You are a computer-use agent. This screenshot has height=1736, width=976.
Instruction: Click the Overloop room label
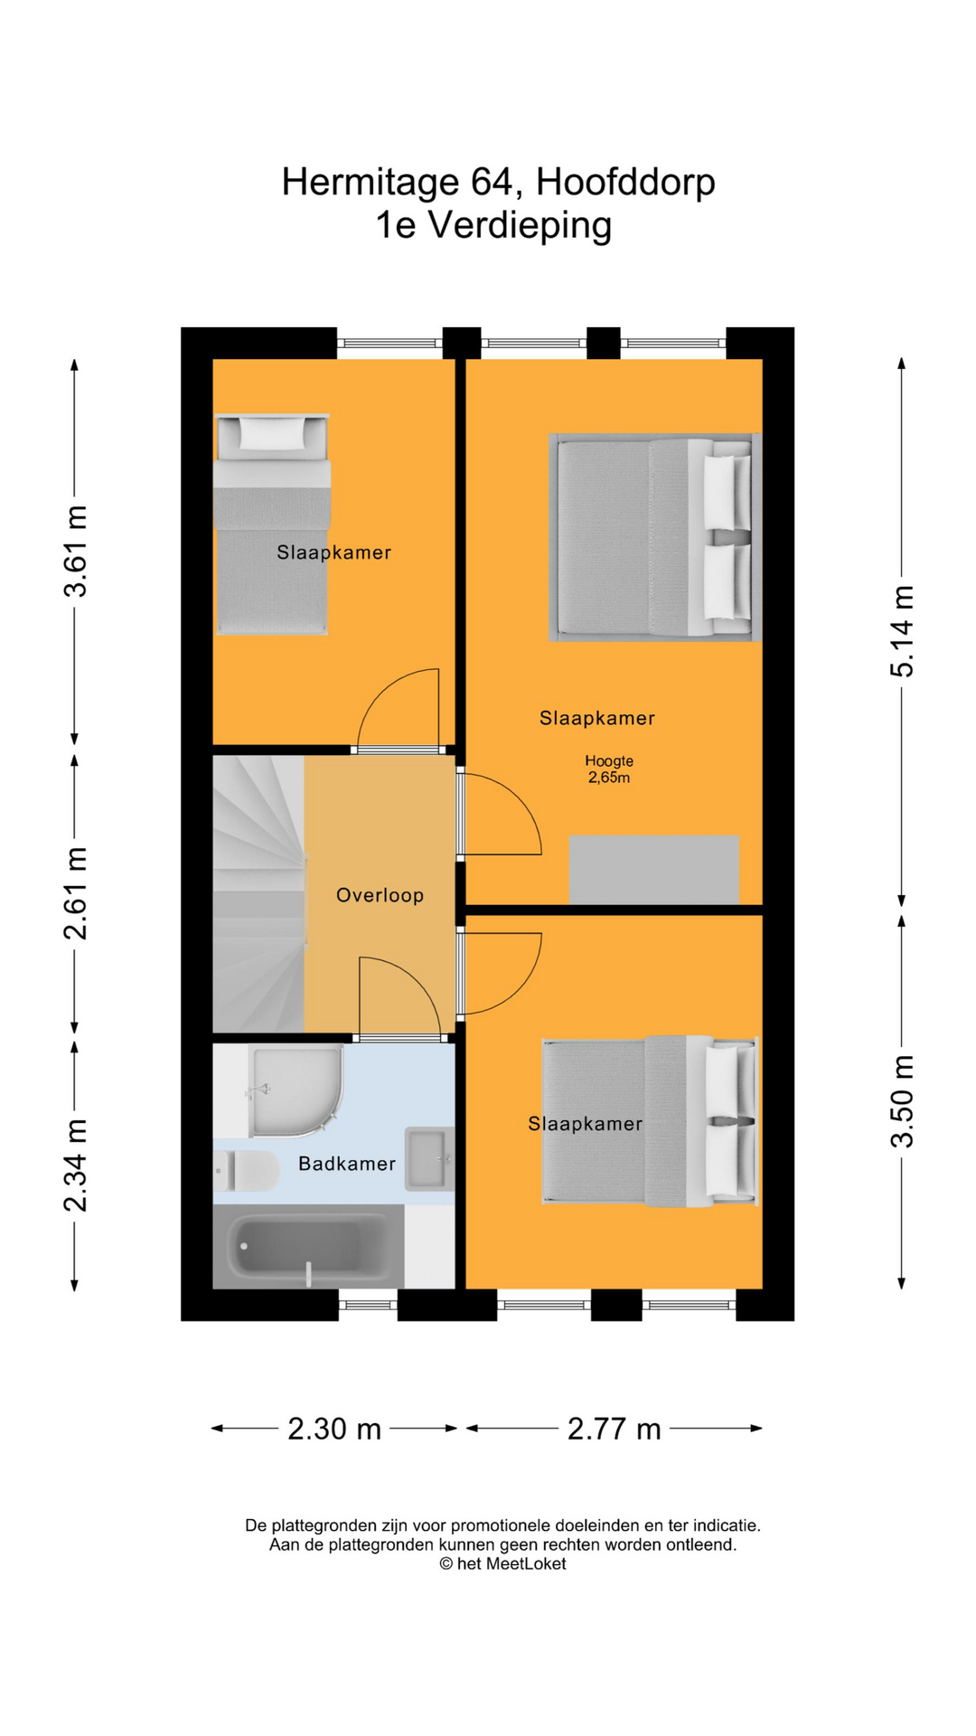[x=380, y=895]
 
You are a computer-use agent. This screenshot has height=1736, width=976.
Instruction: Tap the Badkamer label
[x=347, y=1164]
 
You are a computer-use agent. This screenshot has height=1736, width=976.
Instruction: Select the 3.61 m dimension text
[x=76, y=552]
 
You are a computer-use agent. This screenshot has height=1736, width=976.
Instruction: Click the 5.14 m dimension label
[x=902, y=631]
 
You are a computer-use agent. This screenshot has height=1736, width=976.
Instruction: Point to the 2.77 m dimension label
[x=614, y=1429]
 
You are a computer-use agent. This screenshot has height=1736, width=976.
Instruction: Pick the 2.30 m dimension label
[x=333, y=1429]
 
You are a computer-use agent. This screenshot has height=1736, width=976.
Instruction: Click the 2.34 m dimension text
[x=76, y=1165]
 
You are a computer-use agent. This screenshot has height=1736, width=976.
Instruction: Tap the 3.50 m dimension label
[x=902, y=1101]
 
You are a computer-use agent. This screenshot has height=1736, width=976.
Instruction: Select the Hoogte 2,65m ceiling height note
[x=609, y=769]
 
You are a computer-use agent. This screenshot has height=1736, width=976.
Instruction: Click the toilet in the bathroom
[x=247, y=1171]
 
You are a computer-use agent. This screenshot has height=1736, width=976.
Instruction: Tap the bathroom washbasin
[x=427, y=1158]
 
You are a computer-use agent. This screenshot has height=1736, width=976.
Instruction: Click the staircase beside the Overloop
[x=258, y=895]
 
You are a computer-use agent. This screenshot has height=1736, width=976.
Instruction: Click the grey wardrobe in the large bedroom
[x=653, y=869]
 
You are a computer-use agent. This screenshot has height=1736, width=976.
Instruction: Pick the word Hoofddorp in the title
[x=625, y=182]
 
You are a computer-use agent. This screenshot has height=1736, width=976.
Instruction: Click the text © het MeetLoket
[x=502, y=1563]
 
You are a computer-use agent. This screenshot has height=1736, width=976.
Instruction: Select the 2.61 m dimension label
[x=76, y=893]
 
